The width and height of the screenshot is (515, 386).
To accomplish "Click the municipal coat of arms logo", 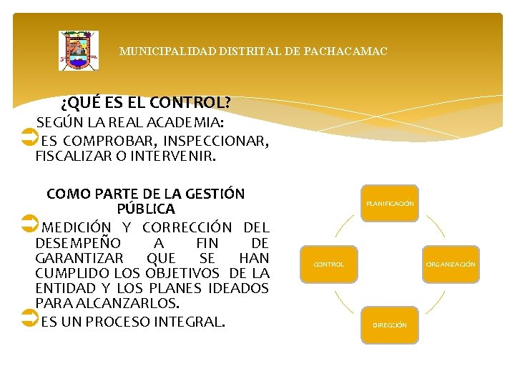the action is tap(79, 51).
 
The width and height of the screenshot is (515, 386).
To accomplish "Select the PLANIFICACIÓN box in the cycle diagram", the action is tap(390, 204).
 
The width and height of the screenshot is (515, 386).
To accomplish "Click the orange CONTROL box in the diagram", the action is tap(329, 264).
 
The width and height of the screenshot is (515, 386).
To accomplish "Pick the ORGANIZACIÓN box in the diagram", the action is tap(451, 264).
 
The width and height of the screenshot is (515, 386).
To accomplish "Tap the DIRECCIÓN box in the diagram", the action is tap(390, 325).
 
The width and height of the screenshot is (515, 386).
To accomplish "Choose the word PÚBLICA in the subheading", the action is tap(146, 209).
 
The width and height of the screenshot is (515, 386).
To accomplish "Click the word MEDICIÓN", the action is tap(77, 228).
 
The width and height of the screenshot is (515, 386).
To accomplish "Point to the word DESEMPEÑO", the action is tap(71, 243).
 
